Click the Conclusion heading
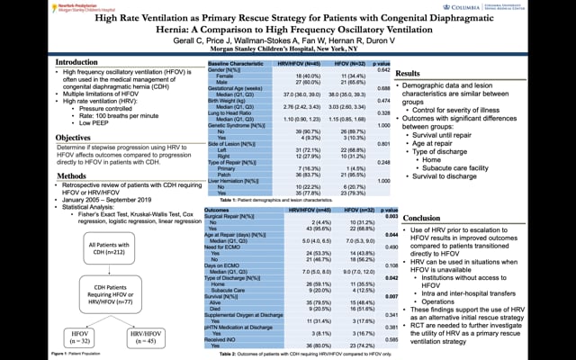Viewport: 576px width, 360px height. point(422,218)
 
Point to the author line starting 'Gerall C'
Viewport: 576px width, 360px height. point(287,41)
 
